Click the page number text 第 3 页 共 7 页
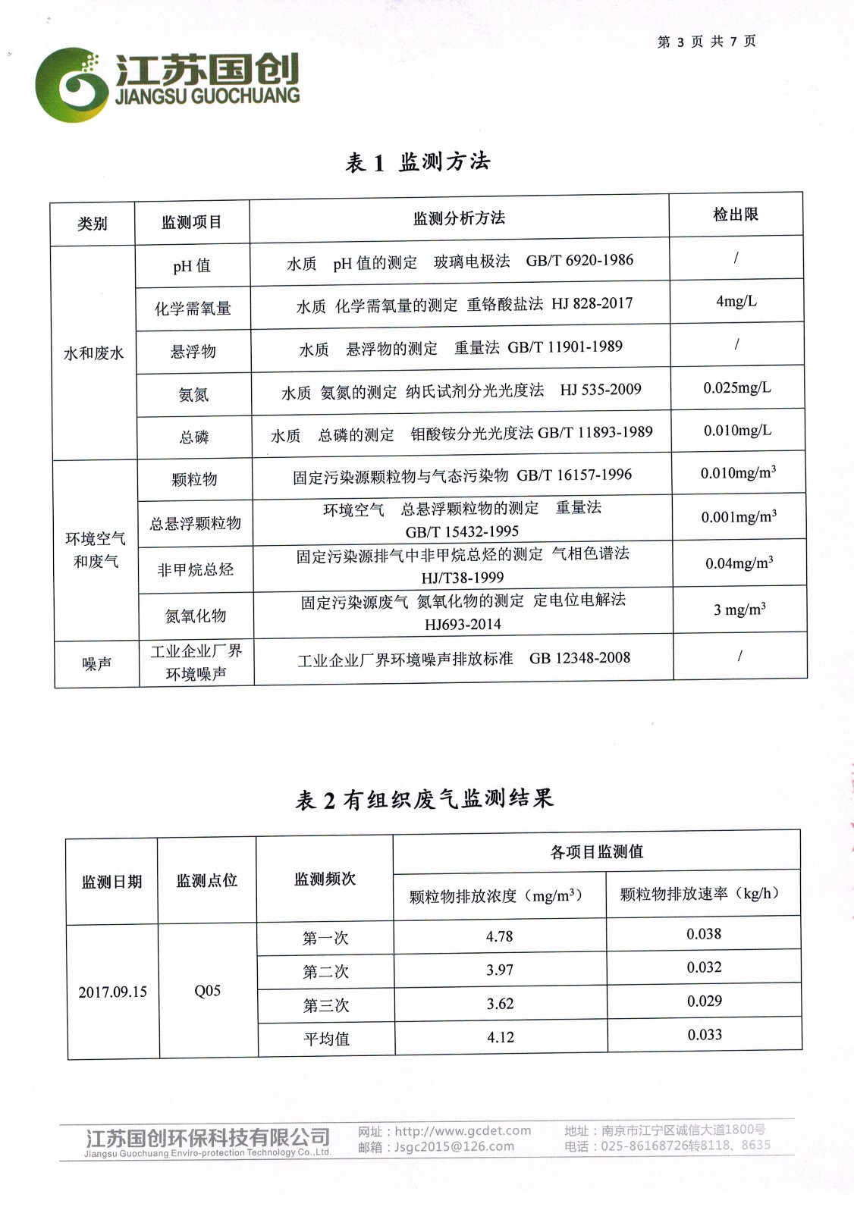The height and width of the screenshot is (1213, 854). (706, 42)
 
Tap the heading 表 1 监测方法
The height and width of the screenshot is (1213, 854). (418, 161)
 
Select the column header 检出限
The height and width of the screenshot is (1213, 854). (735, 215)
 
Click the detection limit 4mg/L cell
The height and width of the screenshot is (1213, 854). (736, 301)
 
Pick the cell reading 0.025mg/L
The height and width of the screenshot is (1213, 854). (736, 388)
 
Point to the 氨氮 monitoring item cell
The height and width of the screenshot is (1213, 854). (193, 394)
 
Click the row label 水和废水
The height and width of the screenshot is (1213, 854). (93, 353)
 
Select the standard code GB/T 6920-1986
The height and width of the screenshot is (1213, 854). (579, 260)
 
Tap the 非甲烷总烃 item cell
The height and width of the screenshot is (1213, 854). (195, 569)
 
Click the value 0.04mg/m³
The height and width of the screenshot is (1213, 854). (739, 563)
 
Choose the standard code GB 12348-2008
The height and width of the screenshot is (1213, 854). (579, 658)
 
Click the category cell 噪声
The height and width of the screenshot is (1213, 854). (96, 663)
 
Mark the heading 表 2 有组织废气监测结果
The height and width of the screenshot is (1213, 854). (425, 799)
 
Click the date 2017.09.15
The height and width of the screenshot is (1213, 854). (112, 992)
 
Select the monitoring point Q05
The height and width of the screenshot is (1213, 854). (207, 991)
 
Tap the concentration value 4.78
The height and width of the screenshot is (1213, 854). (499, 936)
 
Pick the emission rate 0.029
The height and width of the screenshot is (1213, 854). (704, 1001)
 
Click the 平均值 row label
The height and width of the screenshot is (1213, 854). (326, 1039)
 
